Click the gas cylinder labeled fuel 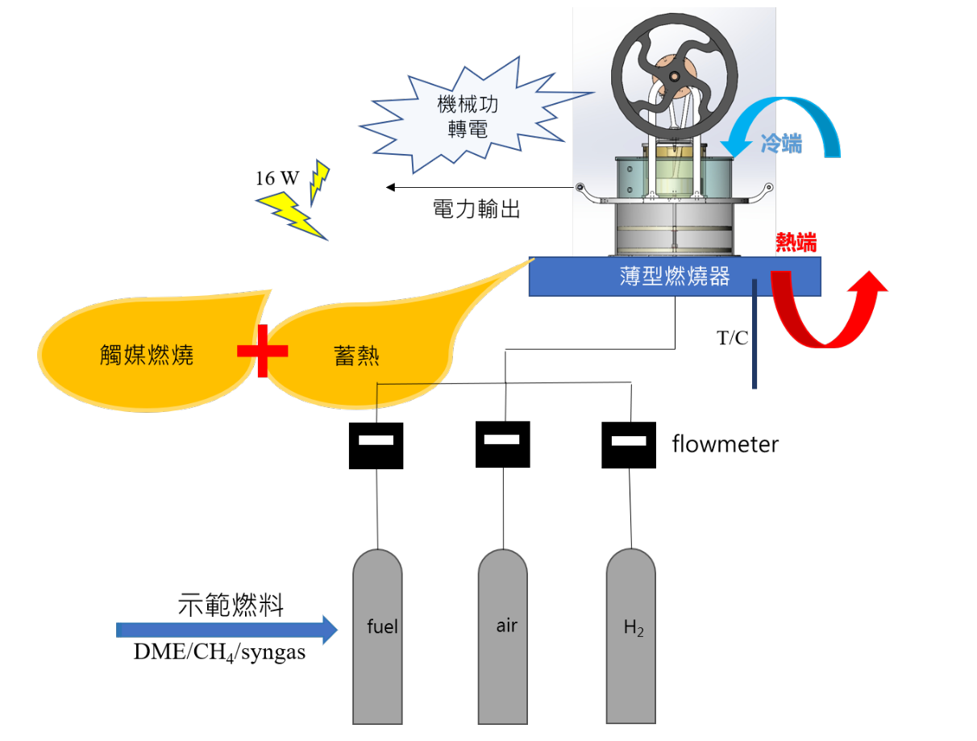pos(377,636)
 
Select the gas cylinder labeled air pos(502,636)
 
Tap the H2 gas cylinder pos(630,636)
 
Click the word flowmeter pos(725,444)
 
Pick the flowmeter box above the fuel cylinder pos(376,446)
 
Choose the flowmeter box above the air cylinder pos(502,444)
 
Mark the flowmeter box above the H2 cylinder pos(629,445)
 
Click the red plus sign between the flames pos(262,351)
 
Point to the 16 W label pos(276,178)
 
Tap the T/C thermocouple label pos(732,338)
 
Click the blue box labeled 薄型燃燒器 pos(675,277)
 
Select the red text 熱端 pos(796,243)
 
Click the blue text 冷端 pos(780,144)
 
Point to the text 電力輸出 pos(476,209)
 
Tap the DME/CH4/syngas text pos(219,652)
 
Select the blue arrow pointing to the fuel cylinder pos(227,630)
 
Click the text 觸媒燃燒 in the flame pos(147,355)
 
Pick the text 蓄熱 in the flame pos(356,356)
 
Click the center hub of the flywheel pos(674,77)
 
